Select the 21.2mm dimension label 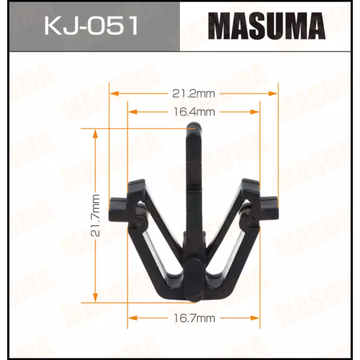(194, 92)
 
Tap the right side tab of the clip (269, 207)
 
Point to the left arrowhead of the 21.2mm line (112, 92)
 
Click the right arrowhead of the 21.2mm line (275, 92)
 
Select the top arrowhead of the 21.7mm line (95, 132)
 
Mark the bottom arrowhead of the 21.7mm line (95, 298)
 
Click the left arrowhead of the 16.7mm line (130, 317)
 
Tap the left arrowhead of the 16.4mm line (130, 112)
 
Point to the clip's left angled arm (155, 230)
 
